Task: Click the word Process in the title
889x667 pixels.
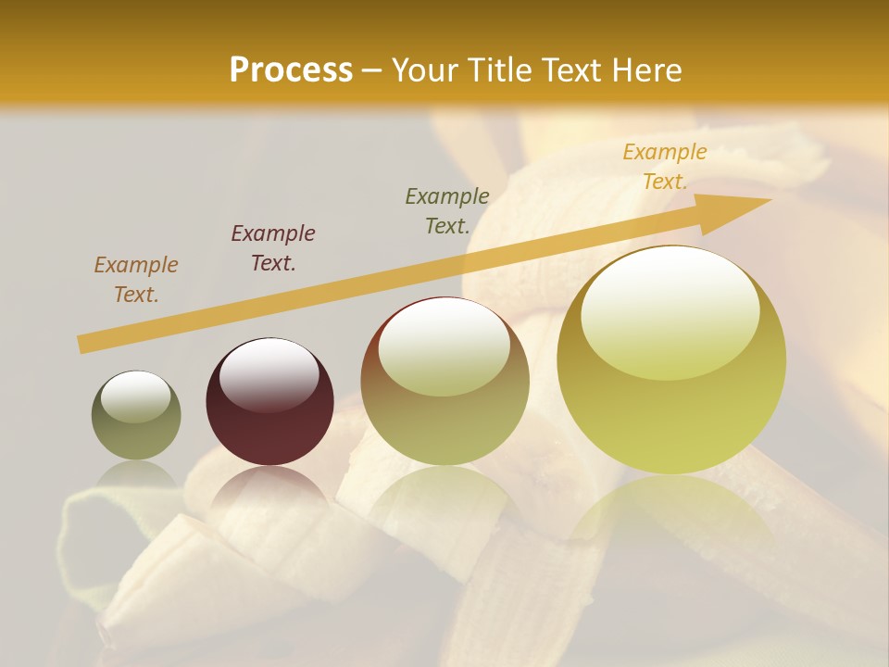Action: click(291, 70)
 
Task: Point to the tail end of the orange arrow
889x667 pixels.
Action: click(81, 345)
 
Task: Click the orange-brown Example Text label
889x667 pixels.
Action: click(136, 280)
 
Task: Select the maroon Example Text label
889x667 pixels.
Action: click(273, 248)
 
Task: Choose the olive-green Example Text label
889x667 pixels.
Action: click(447, 210)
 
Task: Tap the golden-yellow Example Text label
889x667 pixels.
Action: click(665, 167)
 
